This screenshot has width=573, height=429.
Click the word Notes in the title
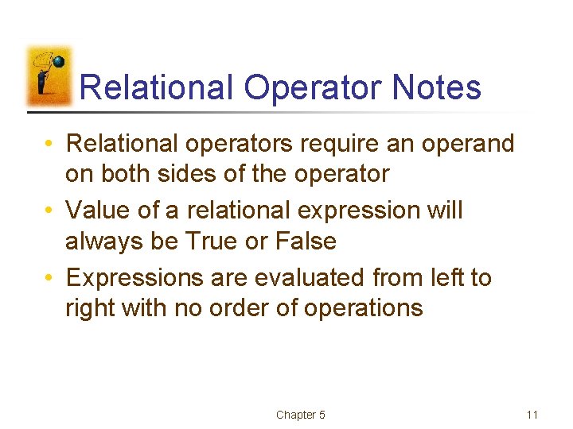[437, 87]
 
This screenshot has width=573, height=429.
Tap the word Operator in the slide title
[314, 87]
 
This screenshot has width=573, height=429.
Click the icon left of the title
[49, 77]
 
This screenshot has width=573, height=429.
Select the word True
[210, 241]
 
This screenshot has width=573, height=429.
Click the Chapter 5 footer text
[300, 415]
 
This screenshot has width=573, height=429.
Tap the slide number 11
[532, 415]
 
